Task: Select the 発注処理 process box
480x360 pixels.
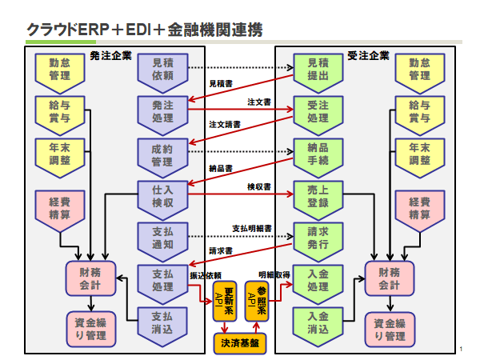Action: (x=162, y=111)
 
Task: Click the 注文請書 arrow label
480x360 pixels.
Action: (x=225, y=125)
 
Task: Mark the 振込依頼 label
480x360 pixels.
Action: (x=205, y=276)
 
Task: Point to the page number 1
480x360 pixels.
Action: (x=462, y=348)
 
